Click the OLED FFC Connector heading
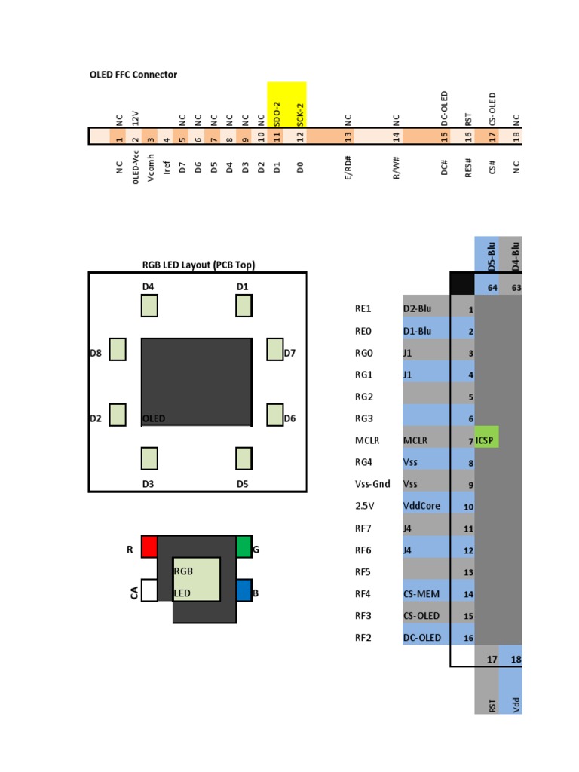133,75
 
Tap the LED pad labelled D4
149,305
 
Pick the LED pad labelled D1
243,305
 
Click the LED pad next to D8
118,349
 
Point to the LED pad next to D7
274,349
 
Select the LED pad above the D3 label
149,458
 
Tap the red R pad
149,546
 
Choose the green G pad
244,546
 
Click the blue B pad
244,590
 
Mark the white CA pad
149,590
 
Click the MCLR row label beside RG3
369,440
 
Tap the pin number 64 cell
492,287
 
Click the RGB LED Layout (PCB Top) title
198,264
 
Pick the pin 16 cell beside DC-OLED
463,638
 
